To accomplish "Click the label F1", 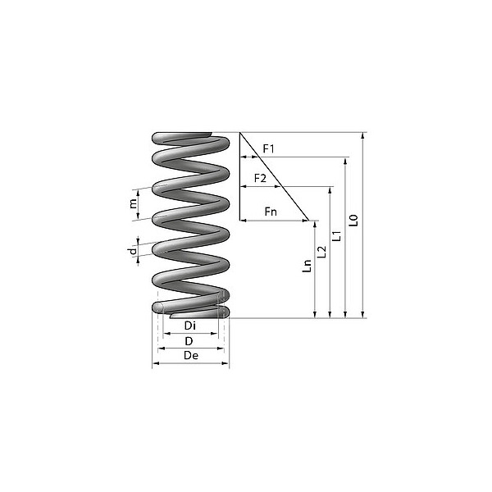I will coord(267,148).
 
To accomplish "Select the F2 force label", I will coord(260,178).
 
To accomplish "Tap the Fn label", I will coord(271,212).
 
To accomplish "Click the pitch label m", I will coord(133,203).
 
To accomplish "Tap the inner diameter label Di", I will coord(189,326).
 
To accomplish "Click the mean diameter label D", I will coord(189,339).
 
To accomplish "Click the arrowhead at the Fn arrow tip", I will coord(307,221).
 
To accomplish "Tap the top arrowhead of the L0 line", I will coord(362,135).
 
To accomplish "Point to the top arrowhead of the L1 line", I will coord(345,161).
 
